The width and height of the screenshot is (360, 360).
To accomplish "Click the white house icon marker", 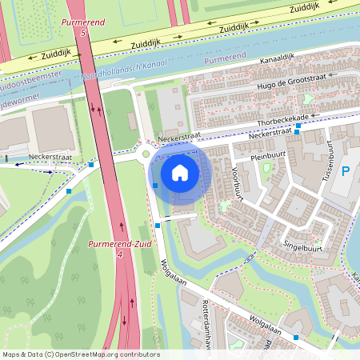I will [x=180, y=173].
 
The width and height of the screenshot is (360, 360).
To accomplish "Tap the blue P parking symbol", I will [x=346, y=171].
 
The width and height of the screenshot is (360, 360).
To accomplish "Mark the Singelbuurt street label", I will [x=303, y=247].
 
